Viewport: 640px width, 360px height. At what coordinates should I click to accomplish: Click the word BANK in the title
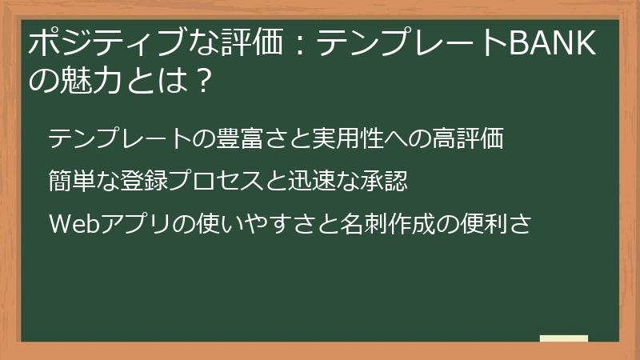[553, 46]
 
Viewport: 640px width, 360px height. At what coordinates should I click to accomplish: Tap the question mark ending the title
[202, 80]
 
